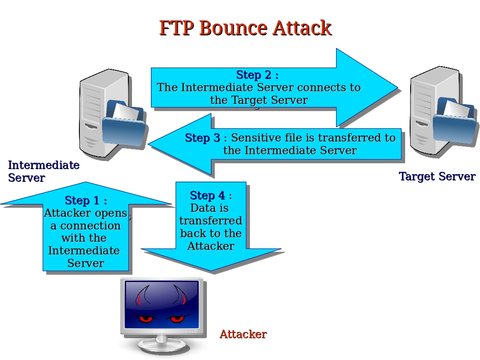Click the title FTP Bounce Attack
click(245, 28)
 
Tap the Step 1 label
click(85, 200)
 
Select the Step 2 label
click(257, 75)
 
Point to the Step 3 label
click(203, 138)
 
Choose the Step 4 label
click(211, 195)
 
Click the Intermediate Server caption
click(44, 171)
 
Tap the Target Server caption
click(437, 176)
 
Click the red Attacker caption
click(243, 334)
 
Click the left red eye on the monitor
click(146, 319)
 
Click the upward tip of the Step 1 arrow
click(85, 183)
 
